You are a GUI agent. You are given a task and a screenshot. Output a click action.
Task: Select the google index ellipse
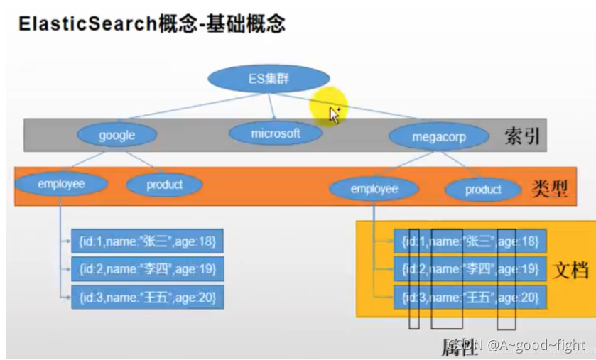[x=117, y=135]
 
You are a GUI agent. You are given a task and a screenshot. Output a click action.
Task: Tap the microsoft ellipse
[x=276, y=133]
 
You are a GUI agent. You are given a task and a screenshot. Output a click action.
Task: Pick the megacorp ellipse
[x=438, y=136]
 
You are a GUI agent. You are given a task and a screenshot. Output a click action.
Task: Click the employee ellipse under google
[x=61, y=185]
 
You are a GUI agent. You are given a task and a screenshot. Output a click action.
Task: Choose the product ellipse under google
[x=164, y=185]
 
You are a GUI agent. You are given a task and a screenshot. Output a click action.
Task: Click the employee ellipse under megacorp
[x=374, y=189]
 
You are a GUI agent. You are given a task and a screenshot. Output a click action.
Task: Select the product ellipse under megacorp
[x=483, y=190]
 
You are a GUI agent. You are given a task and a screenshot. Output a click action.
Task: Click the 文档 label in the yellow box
[x=570, y=271]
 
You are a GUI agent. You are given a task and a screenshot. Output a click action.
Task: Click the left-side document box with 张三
[x=148, y=241]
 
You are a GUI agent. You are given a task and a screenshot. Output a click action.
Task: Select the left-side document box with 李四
[x=148, y=268]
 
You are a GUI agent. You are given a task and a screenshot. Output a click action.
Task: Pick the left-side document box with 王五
[x=148, y=295]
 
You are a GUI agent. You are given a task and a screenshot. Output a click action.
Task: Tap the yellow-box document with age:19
[x=470, y=269]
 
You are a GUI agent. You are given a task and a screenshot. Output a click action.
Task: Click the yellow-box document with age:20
[x=470, y=296]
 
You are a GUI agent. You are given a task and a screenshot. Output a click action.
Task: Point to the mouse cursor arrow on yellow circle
[x=335, y=114]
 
